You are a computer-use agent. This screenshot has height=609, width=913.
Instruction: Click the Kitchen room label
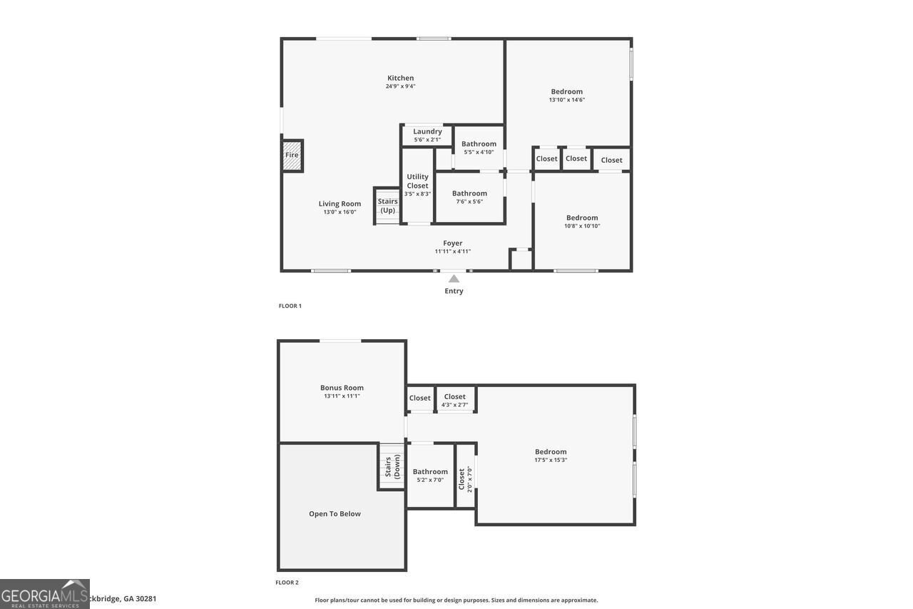coord(400,78)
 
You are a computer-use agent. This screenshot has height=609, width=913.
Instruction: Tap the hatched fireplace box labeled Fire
coord(292,156)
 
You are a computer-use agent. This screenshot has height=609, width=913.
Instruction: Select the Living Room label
coord(340,203)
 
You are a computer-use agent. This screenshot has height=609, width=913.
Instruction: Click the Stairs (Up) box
coord(387,206)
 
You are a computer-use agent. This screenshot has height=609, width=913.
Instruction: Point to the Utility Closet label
coord(417,181)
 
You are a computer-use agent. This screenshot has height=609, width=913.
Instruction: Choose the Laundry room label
coord(427,131)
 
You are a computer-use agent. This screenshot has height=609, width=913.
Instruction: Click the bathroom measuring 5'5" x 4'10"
coord(478,148)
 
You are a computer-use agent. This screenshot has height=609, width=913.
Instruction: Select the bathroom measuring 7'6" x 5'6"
coord(469,197)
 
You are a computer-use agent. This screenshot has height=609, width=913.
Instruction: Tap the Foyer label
coord(452,243)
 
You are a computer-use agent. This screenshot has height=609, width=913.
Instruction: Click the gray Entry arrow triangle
coord(454,278)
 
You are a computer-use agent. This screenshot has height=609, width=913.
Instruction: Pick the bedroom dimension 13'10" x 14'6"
coord(567,100)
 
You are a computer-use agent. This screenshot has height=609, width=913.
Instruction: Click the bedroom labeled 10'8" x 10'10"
coord(582,221)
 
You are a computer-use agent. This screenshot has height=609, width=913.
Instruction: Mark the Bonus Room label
coord(342,388)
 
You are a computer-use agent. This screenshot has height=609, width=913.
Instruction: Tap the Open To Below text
coord(335,514)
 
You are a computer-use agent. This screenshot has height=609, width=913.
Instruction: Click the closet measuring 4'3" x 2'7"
coord(455,401)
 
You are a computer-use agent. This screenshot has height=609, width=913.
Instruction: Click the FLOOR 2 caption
coord(287,583)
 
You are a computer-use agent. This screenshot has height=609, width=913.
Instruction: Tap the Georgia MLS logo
coord(44,594)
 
